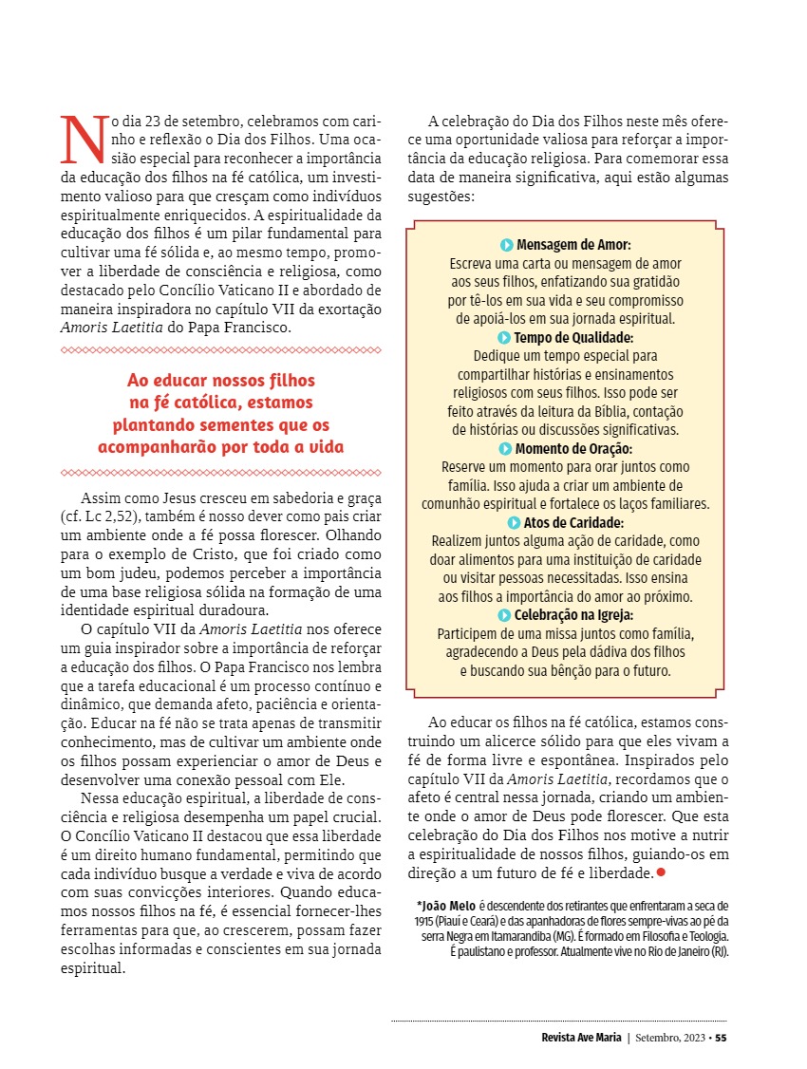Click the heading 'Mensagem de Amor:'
pyautogui.click(x=573, y=244)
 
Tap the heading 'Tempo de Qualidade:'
pyautogui.click(x=573, y=337)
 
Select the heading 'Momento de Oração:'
pyautogui.click(x=573, y=448)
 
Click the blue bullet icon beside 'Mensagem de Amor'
pyautogui.click(x=507, y=244)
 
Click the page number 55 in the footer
pyautogui.click(x=721, y=1037)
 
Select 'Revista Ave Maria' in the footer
pyautogui.click(x=575, y=1037)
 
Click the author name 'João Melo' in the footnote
pyautogui.click(x=449, y=906)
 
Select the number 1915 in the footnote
pyautogui.click(x=426, y=921)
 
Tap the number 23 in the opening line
pyautogui.click(x=155, y=122)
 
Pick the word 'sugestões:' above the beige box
pyautogui.click(x=440, y=197)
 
